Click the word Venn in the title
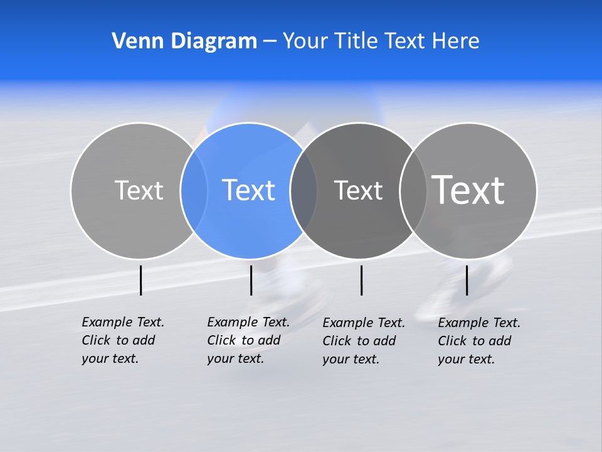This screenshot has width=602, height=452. tap(133, 41)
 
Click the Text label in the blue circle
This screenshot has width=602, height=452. tap(248, 190)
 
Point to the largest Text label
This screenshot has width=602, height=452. tap(468, 190)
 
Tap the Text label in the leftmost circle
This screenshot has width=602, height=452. tap(139, 190)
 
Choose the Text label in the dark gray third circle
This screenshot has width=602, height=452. tap(358, 190)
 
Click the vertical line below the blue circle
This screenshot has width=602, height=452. tap(251, 280)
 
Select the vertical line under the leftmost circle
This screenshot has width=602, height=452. tap(141, 280)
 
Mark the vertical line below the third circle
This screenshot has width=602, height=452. tap(361, 280)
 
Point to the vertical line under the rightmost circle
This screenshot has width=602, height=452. tap(467, 280)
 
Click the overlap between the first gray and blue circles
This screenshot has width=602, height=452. tap(194, 190)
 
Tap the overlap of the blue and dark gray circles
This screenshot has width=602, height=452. tap(304, 190)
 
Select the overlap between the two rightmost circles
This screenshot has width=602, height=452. tap(413, 190)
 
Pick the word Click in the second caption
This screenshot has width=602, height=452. tap(223, 340)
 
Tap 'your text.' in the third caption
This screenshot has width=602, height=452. tap(351, 359)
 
